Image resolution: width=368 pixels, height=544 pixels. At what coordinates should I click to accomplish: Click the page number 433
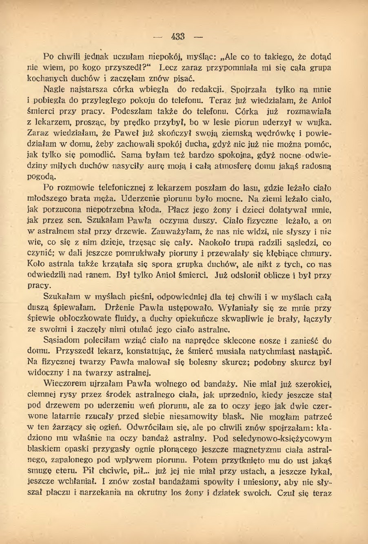point(178,37)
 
